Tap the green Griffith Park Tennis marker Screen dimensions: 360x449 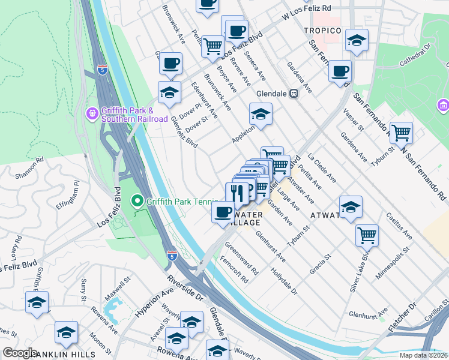click(x=137, y=201)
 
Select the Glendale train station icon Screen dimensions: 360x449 click(x=295, y=94)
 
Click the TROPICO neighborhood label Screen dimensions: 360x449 click(x=322, y=31)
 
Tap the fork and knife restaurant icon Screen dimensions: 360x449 click(x=238, y=193)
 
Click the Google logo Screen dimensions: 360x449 click(x=20, y=353)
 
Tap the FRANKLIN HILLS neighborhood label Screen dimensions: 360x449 click(x=47, y=355)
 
